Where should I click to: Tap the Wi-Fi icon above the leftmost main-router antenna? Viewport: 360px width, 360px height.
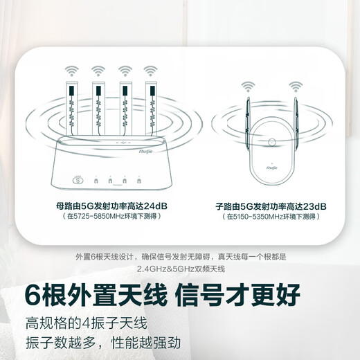71,71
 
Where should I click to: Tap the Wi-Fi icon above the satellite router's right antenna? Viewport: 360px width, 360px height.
296,86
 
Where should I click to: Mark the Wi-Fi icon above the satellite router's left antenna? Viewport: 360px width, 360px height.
247,86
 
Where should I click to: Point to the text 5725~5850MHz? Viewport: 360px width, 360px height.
94,217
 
